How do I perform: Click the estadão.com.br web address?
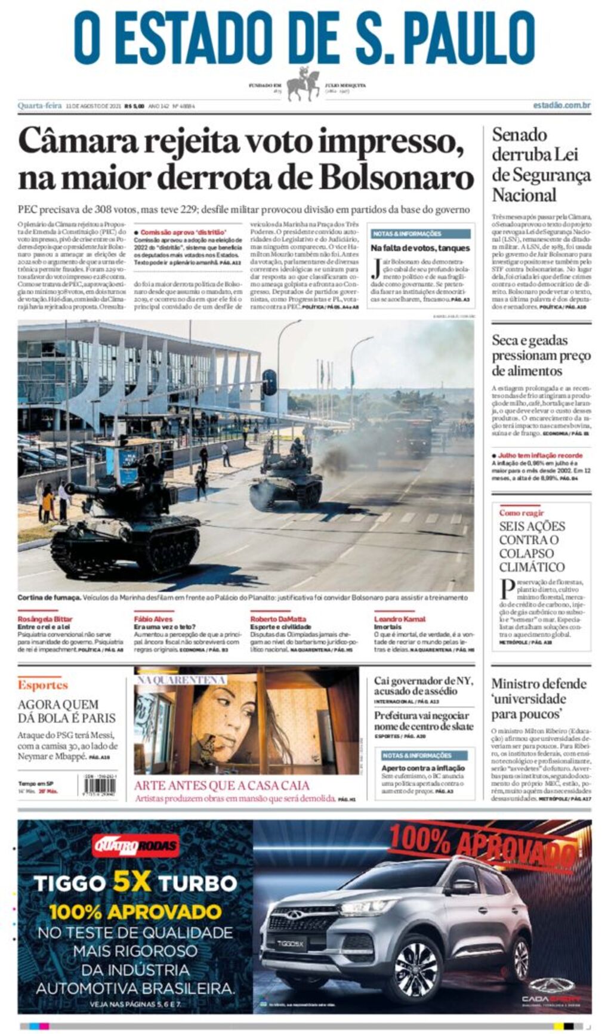[x=561, y=106]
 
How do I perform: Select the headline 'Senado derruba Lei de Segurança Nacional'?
[x=541, y=165]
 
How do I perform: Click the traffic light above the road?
[x=269, y=382]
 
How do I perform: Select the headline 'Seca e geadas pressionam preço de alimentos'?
[x=541, y=356]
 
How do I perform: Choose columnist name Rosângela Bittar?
[x=45, y=619]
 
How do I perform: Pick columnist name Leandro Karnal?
[x=399, y=619]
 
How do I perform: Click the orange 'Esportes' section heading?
[x=42, y=685]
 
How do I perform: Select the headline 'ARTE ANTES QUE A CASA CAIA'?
[x=221, y=785]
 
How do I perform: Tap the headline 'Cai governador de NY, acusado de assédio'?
[x=424, y=686]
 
